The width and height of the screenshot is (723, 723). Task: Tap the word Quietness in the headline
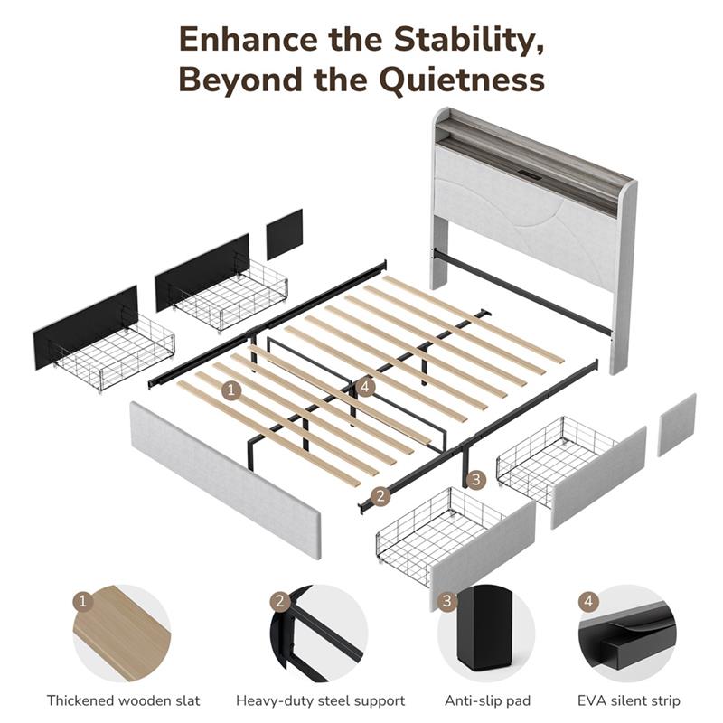pyautogui.click(x=463, y=80)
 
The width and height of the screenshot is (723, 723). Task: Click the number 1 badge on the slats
pyautogui.click(x=231, y=391)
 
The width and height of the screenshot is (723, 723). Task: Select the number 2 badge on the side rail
pyautogui.click(x=380, y=496)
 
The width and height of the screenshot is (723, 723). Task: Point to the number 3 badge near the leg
pyautogui.click(x=476, y=480)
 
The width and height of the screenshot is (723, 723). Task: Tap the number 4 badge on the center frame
pyautogui.click(x=365, y=387)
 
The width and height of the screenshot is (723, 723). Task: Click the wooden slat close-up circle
pyautogui.click(x=122, y=634)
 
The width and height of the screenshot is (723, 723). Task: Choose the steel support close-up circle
pyautogui.click(x=319, y=634)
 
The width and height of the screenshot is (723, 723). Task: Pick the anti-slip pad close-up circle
pyautogui.click(x=486, y=634)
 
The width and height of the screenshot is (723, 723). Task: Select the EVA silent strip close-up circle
pyautogui.click(x=627, y=634)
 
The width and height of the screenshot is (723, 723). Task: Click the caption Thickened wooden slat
pyautogui.click(x=124, y=701)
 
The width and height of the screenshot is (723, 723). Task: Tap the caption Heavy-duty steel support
pyautogui.click(x=321, y=701)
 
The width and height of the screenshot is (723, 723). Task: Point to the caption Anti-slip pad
pyautogui.click(x=487, y=701)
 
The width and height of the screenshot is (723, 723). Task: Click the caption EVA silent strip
pyautogui.click(x=629, y=701)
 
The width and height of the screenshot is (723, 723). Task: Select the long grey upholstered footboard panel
pyautogui.click(x=225, y=481)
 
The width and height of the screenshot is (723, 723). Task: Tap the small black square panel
pyautogui.click(x=285, y=234)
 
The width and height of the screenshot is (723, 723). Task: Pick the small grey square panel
pyautogui.click(x=677, y=425)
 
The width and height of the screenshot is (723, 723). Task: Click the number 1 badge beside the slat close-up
pyautogui.click(x=83, y=601)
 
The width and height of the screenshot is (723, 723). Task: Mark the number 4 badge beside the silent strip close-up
pyautogui.click(x=588, y=601)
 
